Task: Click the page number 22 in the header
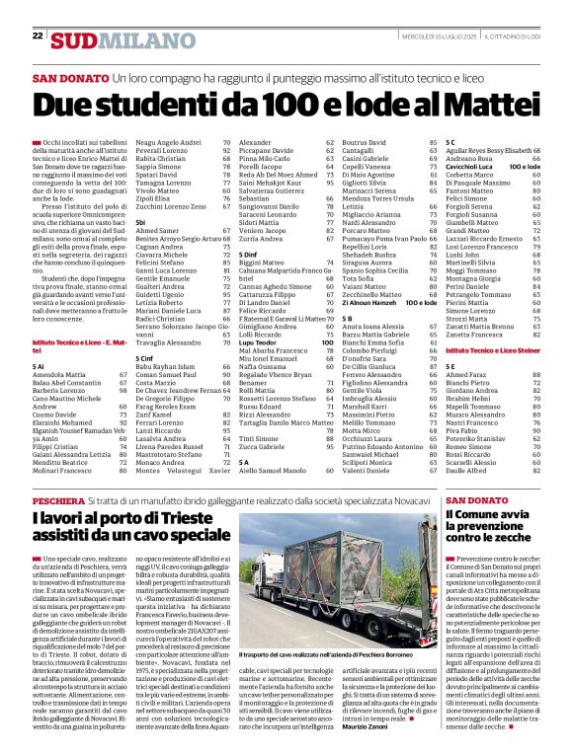pyautogui.click(x=37, y=36)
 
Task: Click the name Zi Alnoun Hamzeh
pyautogui.click(x=368, y=302)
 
